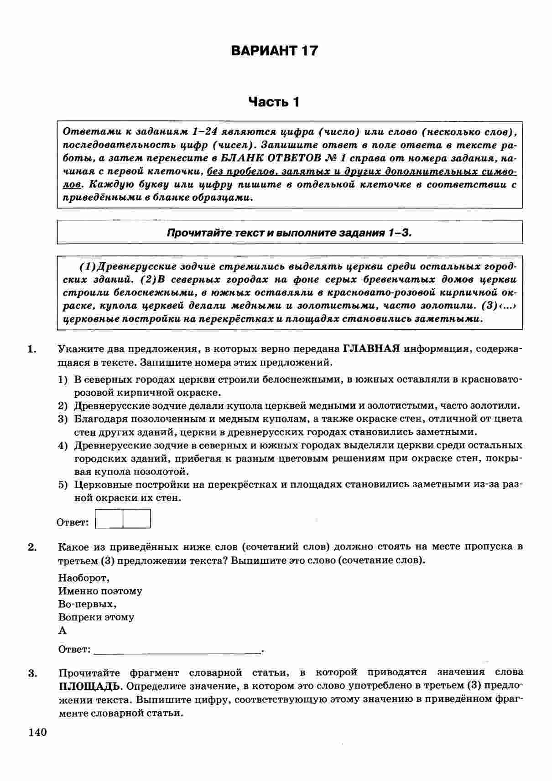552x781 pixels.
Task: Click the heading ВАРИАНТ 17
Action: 274,50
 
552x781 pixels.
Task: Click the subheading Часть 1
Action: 274,101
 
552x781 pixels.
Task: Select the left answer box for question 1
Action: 109,519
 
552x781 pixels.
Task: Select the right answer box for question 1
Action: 136,519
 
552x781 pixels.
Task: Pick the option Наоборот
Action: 83,578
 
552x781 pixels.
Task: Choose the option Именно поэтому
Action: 100,591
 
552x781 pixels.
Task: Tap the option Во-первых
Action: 87,604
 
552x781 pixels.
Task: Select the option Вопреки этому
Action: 96,617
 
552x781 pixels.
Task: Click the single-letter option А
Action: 62,630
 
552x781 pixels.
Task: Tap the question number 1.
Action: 31,349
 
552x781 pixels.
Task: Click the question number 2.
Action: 31,547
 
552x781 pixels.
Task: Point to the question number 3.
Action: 31,673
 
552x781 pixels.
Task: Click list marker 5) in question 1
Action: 63,484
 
